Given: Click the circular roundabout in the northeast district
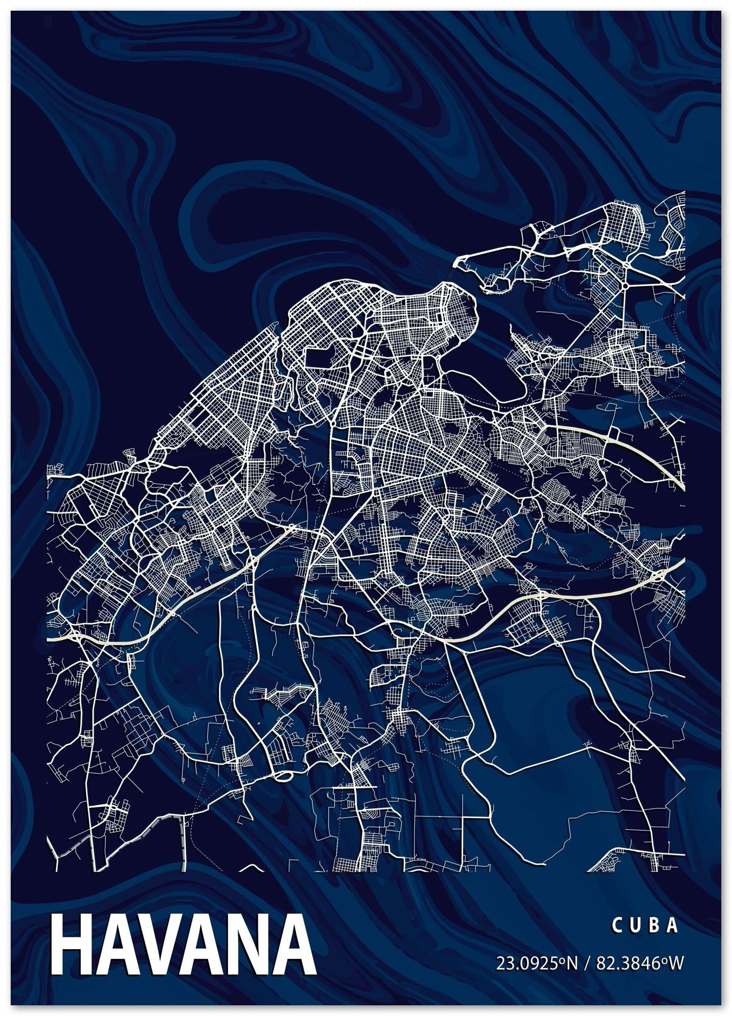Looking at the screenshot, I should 624,286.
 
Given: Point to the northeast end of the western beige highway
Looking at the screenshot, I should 292,528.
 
